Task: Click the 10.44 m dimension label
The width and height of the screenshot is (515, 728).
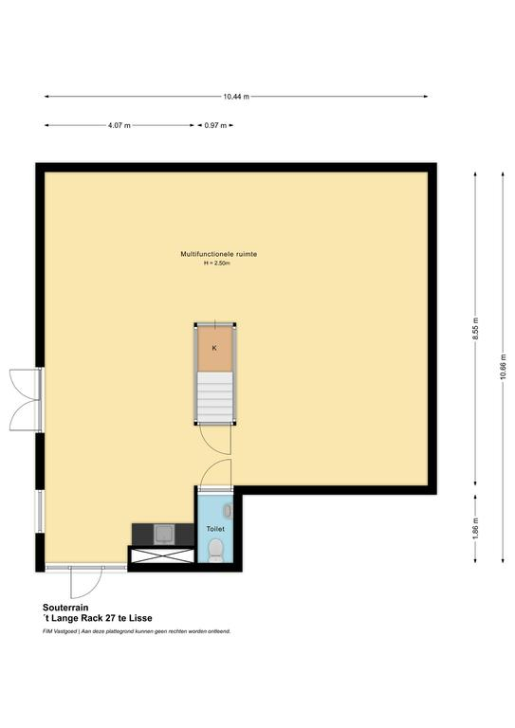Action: click(236, 97)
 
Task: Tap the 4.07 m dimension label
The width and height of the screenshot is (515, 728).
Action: click(120, 125)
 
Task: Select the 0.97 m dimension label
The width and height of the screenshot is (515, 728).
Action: click(215, 125)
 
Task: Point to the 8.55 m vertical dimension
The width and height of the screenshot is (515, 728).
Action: click(475, 329)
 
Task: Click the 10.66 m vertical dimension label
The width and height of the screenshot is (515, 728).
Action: click(503, 367)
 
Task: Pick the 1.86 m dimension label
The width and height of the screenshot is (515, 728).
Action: click(475, 528)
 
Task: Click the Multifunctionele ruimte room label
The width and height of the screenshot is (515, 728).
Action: click(219, 254)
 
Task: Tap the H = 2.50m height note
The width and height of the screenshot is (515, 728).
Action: click(217, 264)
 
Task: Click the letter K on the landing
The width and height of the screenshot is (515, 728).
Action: click(214, 348)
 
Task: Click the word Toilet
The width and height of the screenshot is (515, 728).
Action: click(215, 529)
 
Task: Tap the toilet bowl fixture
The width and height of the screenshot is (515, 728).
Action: click(215, 550)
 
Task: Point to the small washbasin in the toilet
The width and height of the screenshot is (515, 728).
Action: click(227, 511)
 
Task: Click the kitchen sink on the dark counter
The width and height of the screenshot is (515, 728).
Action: click(165, 535)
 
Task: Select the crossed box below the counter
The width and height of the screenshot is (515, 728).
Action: click(162, 555)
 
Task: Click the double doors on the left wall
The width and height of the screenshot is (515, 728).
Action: click(26, 400)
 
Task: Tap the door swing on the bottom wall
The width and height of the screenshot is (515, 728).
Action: click(86, 582)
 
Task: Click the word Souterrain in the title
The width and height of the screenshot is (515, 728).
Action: click(65, 608)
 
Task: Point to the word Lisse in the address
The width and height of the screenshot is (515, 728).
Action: click(140, 618)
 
